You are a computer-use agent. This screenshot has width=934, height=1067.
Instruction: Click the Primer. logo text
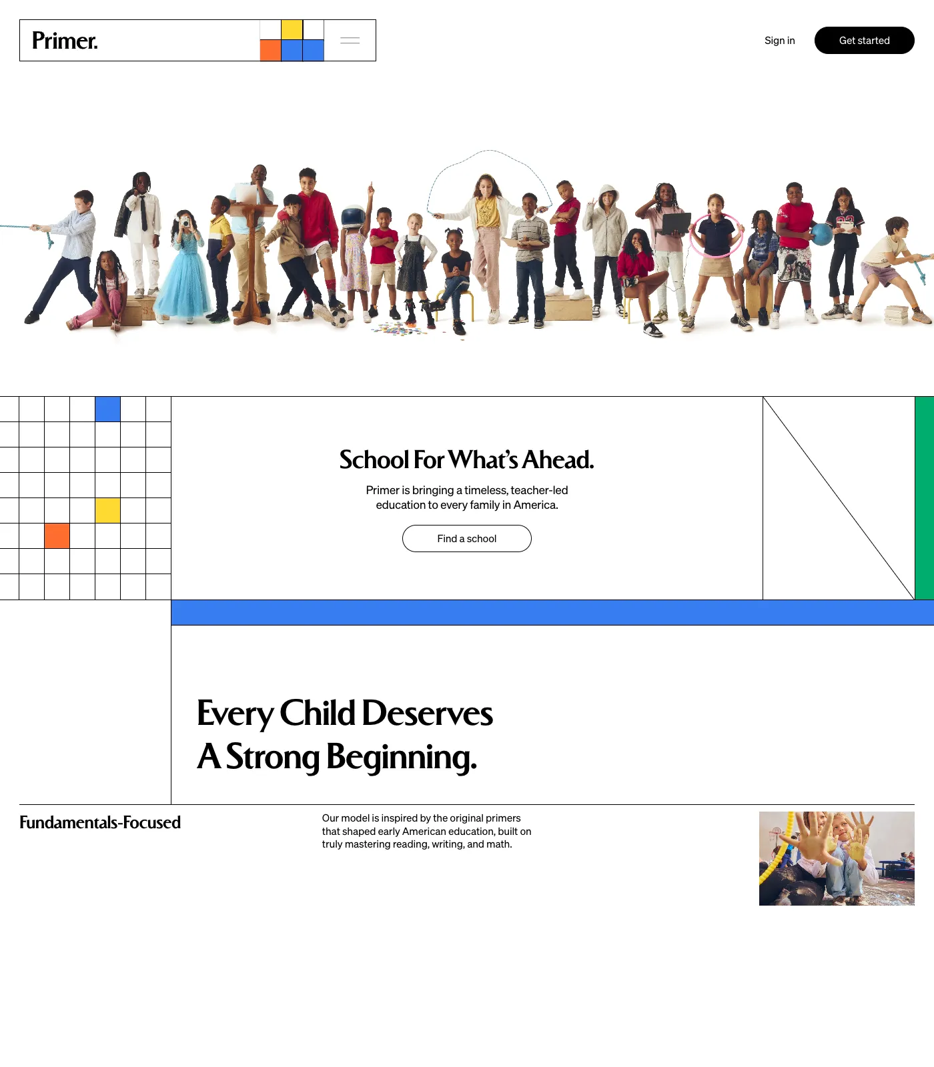(65, 41)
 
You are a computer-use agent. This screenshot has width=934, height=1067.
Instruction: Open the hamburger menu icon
(350, 41)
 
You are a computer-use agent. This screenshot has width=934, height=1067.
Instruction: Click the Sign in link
(779, 41)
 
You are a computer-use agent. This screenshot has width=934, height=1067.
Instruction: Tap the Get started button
(864, 41)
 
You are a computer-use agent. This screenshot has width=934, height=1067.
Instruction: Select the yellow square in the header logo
(292, 30)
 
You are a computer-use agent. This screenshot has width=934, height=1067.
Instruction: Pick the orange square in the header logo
(270, 51)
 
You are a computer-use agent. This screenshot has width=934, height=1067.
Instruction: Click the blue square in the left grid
(107, 409)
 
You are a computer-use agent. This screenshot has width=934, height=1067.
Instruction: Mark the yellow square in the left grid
(107, 511)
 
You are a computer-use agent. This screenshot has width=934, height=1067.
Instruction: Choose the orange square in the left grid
(57, 536)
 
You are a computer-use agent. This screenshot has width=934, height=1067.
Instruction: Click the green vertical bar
(924, 498)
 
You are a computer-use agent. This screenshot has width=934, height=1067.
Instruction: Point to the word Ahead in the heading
(558, 459)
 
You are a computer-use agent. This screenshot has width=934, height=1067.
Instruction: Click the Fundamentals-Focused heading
(100, 822)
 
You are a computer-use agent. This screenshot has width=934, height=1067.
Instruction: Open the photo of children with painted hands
(837, 858)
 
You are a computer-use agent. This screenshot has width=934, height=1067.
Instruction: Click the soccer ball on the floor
(340, 317)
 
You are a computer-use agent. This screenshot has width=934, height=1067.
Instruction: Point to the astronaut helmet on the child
(353, 217)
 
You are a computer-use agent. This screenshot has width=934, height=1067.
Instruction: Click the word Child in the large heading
(318, 713)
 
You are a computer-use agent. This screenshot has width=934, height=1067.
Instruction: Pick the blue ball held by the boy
(822, 234)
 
